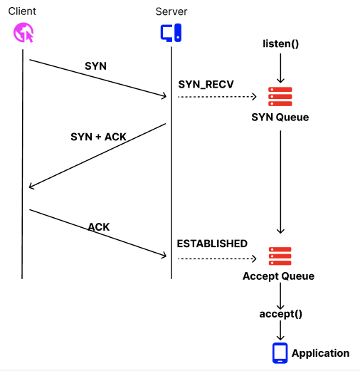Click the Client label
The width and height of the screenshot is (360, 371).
22,11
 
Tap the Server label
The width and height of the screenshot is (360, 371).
171,11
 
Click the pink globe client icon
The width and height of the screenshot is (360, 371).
23,33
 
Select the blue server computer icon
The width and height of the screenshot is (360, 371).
171,33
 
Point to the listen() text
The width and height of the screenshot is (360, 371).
280,43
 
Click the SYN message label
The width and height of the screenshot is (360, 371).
95,66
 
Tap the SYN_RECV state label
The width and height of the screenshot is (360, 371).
206,85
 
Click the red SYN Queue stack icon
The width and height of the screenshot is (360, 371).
280,97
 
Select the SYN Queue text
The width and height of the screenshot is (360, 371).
280,117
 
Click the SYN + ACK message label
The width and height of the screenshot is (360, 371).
98,137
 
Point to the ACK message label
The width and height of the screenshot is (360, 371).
99,227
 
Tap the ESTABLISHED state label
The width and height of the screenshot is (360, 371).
212,244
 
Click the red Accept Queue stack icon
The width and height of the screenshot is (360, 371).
280,256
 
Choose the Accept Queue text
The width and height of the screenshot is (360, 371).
278,276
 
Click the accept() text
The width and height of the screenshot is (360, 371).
280,314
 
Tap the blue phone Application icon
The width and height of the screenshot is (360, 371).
280,353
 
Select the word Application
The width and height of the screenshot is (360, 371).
320,353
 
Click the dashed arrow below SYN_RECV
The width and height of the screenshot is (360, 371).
217,97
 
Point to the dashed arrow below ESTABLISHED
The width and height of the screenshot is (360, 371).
217,258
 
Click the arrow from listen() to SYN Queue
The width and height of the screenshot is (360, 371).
280,68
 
